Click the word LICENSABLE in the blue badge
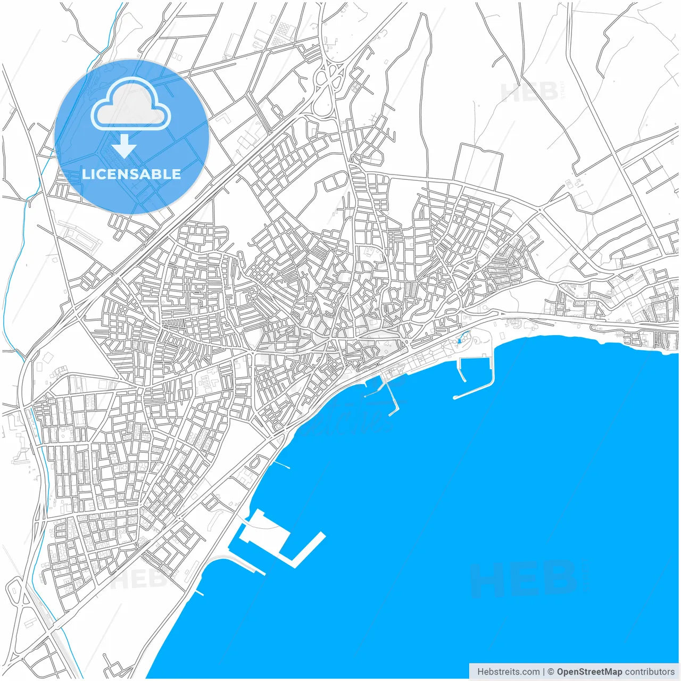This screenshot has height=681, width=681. coord(131,175)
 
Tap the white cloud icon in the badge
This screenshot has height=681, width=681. coord(131,105)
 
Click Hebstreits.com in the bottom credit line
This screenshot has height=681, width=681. coord(508,672)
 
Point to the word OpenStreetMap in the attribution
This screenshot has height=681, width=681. coord(589,672)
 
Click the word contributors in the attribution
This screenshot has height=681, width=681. coord(650,672)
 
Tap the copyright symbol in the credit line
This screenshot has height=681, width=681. coord(551,672)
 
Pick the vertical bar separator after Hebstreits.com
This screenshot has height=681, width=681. coord(544,672)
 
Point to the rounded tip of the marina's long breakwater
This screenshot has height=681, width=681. coord(455,397)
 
